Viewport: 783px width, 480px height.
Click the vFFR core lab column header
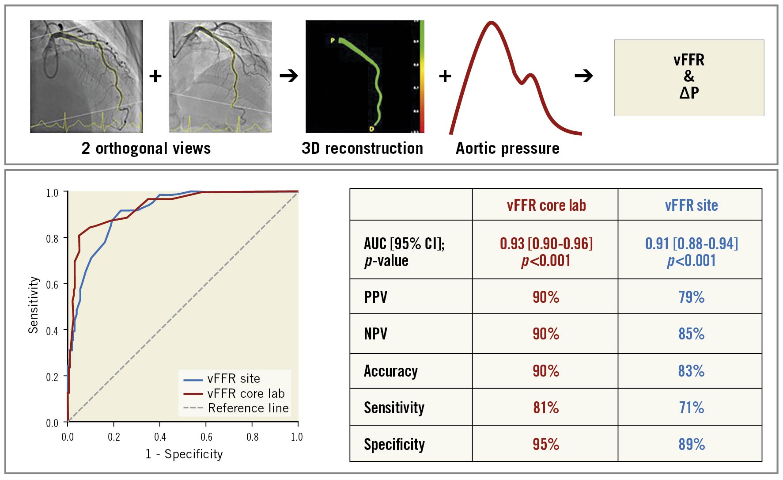pos(546,205)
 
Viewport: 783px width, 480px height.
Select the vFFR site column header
pos(691,205)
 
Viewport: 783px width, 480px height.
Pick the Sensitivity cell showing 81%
pos(546,407)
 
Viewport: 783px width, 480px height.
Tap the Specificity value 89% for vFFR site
pos(691,444)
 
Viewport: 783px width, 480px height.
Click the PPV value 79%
pos(691,297)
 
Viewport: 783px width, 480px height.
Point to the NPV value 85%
pos(691,333)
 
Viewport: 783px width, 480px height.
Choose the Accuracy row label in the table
pos(391,371)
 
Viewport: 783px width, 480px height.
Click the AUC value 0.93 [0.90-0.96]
pos(546,244)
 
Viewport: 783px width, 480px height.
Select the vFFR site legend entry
pos(234,379)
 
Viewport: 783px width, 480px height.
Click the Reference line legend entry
pos(248,408)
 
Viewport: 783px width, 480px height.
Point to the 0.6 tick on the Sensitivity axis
pos(52,285)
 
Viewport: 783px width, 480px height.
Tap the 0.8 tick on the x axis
pos(252,437)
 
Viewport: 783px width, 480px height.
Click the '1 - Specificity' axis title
pos(184,454)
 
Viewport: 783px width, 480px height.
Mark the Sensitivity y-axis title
pos(34,305)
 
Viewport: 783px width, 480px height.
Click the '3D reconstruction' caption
pos(362,148)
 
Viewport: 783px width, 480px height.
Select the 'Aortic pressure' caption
pos(507,148)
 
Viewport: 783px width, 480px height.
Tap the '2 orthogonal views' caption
pos(146,148)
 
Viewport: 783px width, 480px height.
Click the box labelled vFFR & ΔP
pos(689,78)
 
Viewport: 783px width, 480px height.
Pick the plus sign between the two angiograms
pos(155,76)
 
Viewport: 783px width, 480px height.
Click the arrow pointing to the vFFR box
pos(584,76)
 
